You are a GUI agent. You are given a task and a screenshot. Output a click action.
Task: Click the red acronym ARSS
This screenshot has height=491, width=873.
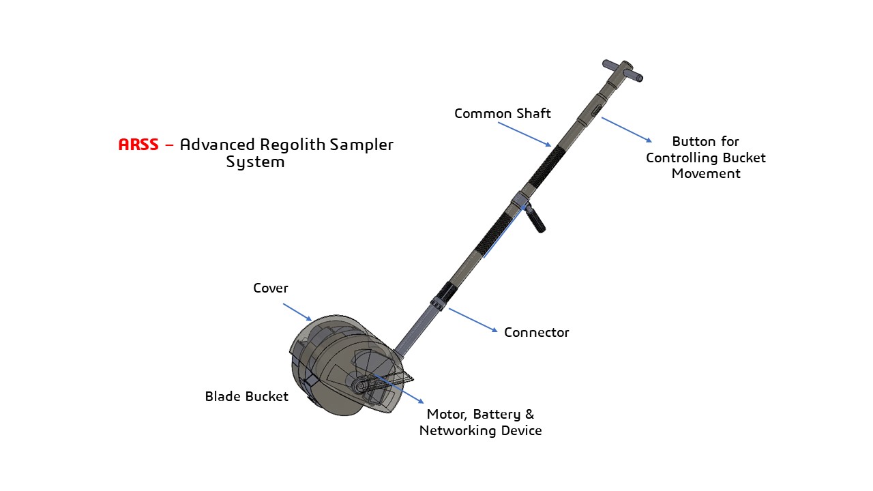point(138,145)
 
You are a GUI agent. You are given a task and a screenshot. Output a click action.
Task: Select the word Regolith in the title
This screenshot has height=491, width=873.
point(293,145)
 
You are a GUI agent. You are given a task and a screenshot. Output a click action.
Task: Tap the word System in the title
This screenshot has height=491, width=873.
point(255,162)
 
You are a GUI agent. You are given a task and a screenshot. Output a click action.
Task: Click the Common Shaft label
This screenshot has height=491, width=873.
point(503,113)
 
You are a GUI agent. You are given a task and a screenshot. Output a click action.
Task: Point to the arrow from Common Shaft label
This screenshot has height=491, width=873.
point(524,134)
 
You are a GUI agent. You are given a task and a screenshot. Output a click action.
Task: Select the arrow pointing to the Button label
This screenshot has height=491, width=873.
point(627,130)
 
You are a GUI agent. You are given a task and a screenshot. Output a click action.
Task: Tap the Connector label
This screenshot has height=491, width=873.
point(536,332)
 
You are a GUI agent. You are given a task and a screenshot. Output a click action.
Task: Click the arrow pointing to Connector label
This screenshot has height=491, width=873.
point(473,321)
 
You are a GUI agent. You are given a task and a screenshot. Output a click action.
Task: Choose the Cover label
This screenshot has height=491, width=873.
point(271,288)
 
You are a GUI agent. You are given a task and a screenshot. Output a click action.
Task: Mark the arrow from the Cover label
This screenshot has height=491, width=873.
point(297,312)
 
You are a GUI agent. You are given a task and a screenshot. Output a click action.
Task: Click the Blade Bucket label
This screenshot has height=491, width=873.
point(247,396)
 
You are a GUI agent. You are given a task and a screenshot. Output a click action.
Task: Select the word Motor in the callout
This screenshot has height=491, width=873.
point(447,414)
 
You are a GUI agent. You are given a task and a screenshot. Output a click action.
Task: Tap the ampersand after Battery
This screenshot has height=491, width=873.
point(530,414)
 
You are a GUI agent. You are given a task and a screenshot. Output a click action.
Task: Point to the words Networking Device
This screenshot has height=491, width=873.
point(481,430)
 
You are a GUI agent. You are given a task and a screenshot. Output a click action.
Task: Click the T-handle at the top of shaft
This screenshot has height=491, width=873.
point(623,71)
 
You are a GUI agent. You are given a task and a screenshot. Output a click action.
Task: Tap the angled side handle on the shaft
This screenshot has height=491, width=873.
point(535,218)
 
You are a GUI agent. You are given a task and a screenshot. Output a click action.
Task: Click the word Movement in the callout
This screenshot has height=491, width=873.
point(706,173)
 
